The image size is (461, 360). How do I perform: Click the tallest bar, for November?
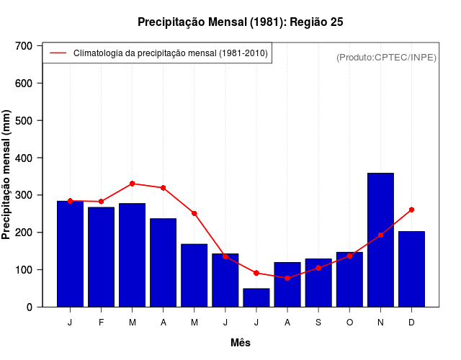pyautogui.click(x=380, y=240)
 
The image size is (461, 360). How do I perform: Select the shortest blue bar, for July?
pyautogui.click(x=256, y=297)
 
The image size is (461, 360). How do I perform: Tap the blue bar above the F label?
pyautogui.click(x=101, y=257)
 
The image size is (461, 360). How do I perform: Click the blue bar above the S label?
pyautogui.click(x=318, y=282)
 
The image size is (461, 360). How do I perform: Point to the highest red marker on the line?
pyautogui.click(x=133, y=184)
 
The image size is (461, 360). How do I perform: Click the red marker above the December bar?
pyautogui.click(x=411, y=210)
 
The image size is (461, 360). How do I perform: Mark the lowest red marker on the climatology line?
pyautogui.click(x=287, y=278)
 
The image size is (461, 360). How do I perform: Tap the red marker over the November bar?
pyautogui.click(x=380, y=235)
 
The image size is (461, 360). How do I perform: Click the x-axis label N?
pyautogui.click(x=380, y=323)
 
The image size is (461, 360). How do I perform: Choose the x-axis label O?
pyautogui.click(x=349, y=323)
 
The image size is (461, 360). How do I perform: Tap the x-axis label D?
pyautogui.click(x=411, y=323)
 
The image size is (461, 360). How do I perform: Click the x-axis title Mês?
pyautogui.click(x=241, y=343)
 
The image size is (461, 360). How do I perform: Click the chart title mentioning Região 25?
pyautogui.click(x=241, y=22)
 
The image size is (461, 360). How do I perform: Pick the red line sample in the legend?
pyautogui.click(x=58, y=53)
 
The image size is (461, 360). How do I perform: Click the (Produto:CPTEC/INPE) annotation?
pyautogui.click(x=386, y=57)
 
